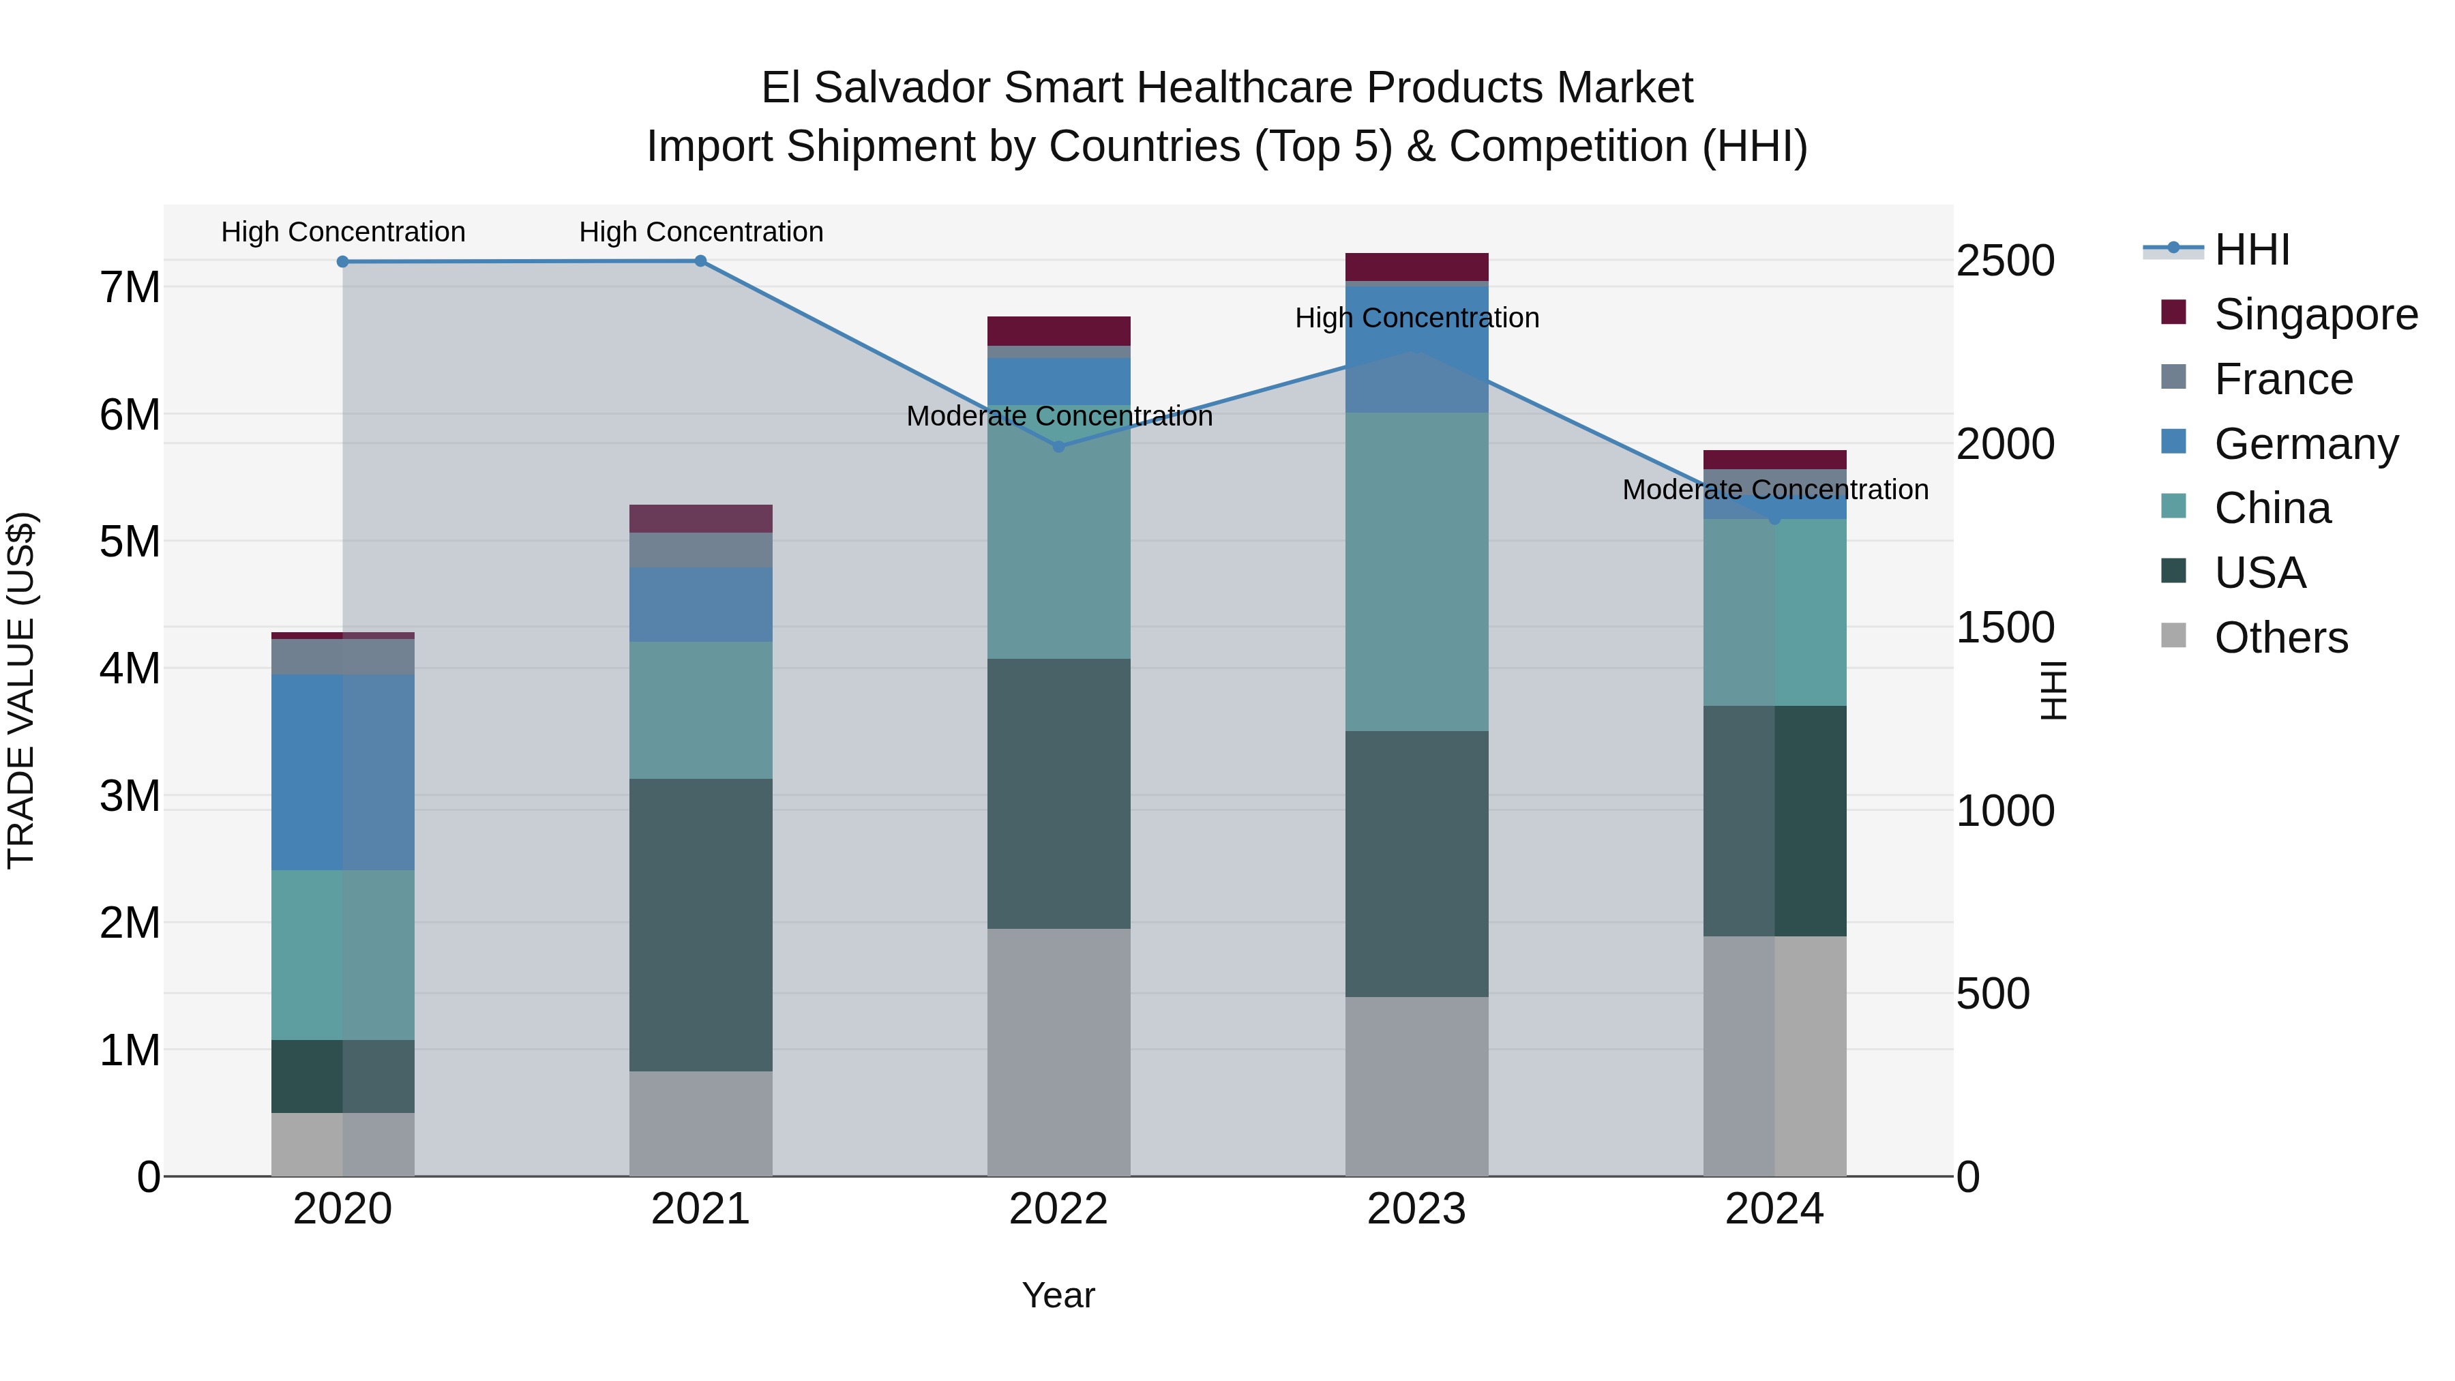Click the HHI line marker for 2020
(x=343, y=262)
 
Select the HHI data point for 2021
(x=700, y=261)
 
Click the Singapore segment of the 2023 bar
(x=1416, y=267)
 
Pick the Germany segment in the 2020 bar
(x=343, y=772)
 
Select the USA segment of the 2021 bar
(x=700, y=925)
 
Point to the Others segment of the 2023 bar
(x=1416, y=1086)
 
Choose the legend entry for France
(x=2283, y=379)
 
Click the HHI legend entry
(x=2251, y=250)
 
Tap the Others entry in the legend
(x=2280, y=638)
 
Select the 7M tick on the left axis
(x=130, y=287)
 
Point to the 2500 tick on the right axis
(x=2005, y=261)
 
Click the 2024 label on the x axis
(x=1774, y=1209)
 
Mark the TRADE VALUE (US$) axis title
(x=21, y=690)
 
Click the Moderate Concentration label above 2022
(x=1059, y=417)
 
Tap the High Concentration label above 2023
(x=1416, y=318)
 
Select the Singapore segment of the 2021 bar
(x=700, y=518)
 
